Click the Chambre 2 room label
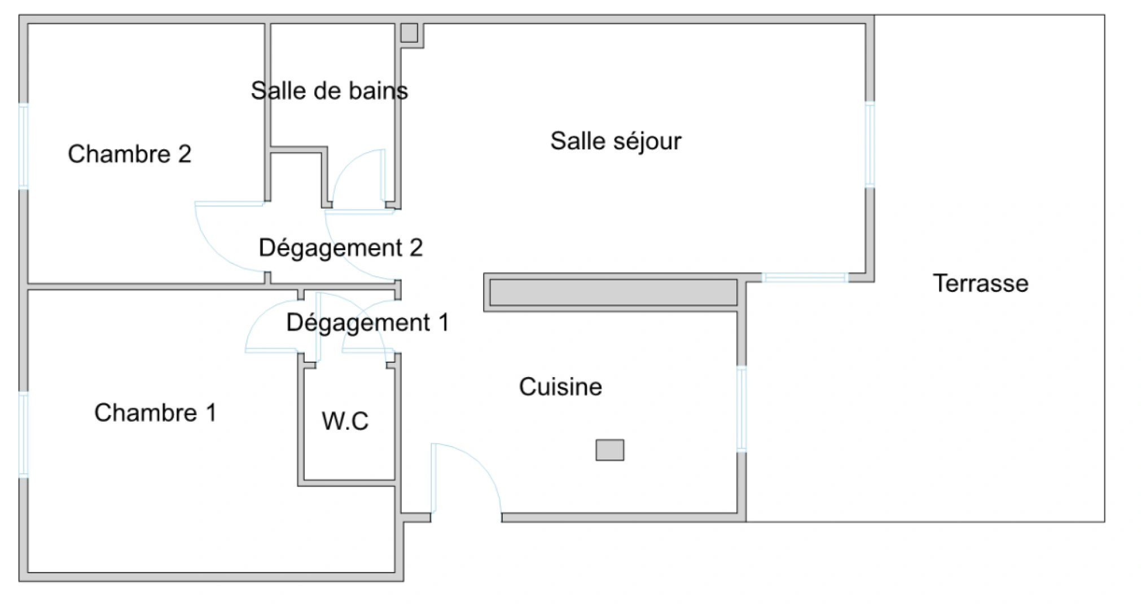[x=129, y=154]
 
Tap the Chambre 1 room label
[x=155, y=413]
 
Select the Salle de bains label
[x=329, y=91]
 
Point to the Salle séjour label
[x=616, y=141]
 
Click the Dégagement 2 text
[x=340, y=248]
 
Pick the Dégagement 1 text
[x=367, y=323]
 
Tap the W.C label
[x=345, y=421]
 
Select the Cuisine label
[x=560, y=387]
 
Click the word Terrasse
[x=980, y=283]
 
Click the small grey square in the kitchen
[x=610, y=450]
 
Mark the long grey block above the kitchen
[x=613, y=293]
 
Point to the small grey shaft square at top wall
[x=410, y=33]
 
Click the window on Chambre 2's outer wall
[x=24, y=145]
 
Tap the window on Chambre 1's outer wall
[x=24, y=434]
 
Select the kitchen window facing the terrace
[x=741, y=409]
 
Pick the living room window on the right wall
[x=870, y=144]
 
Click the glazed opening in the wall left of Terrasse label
[x=805, y=277]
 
